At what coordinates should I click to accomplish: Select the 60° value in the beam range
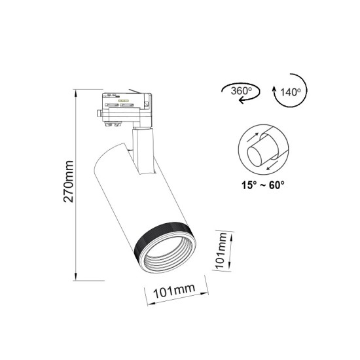276,185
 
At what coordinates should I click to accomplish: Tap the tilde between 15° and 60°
261,185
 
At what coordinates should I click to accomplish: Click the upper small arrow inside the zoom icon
257,137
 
